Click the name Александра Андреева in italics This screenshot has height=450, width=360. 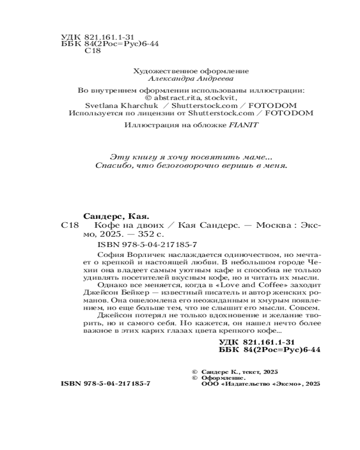[x=191, y=78]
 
